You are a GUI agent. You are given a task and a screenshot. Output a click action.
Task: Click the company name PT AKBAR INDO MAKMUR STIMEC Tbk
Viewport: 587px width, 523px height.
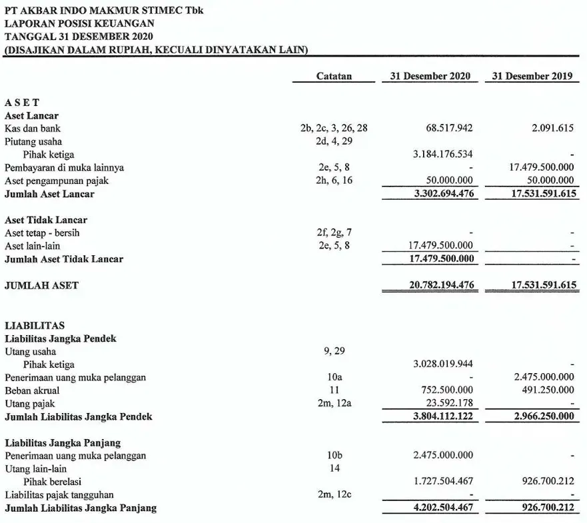[104, 10]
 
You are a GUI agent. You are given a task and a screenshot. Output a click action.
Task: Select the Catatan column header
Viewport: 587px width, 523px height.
[334, 76]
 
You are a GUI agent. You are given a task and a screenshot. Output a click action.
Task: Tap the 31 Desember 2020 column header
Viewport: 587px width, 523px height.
[430, 76]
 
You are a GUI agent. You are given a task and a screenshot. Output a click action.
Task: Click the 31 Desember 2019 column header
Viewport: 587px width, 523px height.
[532, 76]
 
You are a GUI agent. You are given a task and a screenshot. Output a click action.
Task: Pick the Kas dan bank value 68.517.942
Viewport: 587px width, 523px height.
[449, 128]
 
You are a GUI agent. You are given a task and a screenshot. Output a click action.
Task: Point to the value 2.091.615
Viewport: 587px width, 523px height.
[552, 128]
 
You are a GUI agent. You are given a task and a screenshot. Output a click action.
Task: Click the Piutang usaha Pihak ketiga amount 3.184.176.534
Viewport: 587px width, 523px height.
[443, 155]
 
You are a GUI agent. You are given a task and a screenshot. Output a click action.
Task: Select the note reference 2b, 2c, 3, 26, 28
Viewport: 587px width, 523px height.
[334, 128]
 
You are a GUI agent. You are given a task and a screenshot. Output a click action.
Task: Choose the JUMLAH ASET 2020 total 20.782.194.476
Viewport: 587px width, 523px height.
[441, 285]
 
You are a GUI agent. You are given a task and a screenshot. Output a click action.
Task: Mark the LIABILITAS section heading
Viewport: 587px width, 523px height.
[35, 325]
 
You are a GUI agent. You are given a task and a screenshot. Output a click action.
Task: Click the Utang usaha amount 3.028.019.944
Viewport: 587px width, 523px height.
[443, 364]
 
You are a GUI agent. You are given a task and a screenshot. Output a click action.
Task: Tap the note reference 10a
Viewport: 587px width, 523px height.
[334, 377]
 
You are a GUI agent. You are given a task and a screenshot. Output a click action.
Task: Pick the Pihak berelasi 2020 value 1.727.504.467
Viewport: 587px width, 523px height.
[443, 482]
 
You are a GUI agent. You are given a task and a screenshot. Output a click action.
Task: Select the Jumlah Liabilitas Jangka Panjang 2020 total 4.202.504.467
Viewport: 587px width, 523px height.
[443, 508]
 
